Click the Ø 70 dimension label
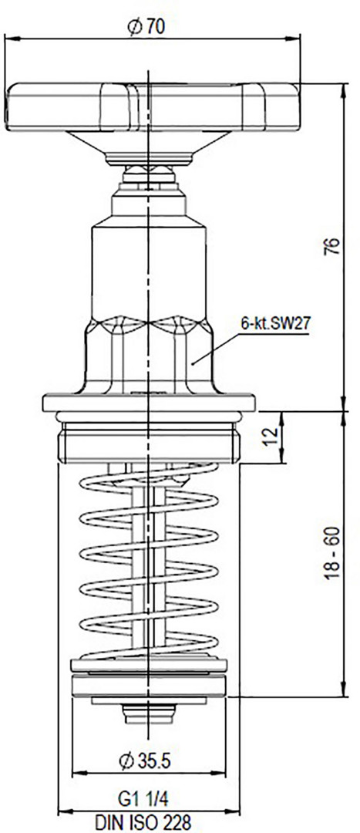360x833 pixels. pyautogui.click(x=146, y=26)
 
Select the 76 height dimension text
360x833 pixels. pyautogui.click(x=331, y=246)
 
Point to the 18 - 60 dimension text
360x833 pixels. pyautogui.click(x=331, y=553)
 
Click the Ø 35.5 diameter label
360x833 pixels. pyautogui.click(x=145, y=761)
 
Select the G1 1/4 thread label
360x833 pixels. pyautogui.click(x=143, y=798)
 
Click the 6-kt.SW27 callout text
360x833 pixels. pyautogui.click(x=275, y=323)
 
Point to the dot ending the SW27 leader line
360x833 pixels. pyautogui.click(x=193, y=363)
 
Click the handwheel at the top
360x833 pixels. pyautogui.click(x=152, y=106)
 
